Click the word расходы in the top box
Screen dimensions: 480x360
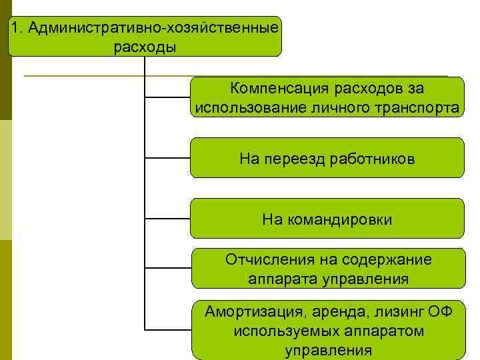145,47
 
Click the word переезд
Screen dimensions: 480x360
295,159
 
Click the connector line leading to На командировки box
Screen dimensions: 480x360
167,218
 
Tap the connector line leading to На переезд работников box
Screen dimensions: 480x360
167,158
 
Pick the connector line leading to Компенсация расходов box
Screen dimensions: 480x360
167,97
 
